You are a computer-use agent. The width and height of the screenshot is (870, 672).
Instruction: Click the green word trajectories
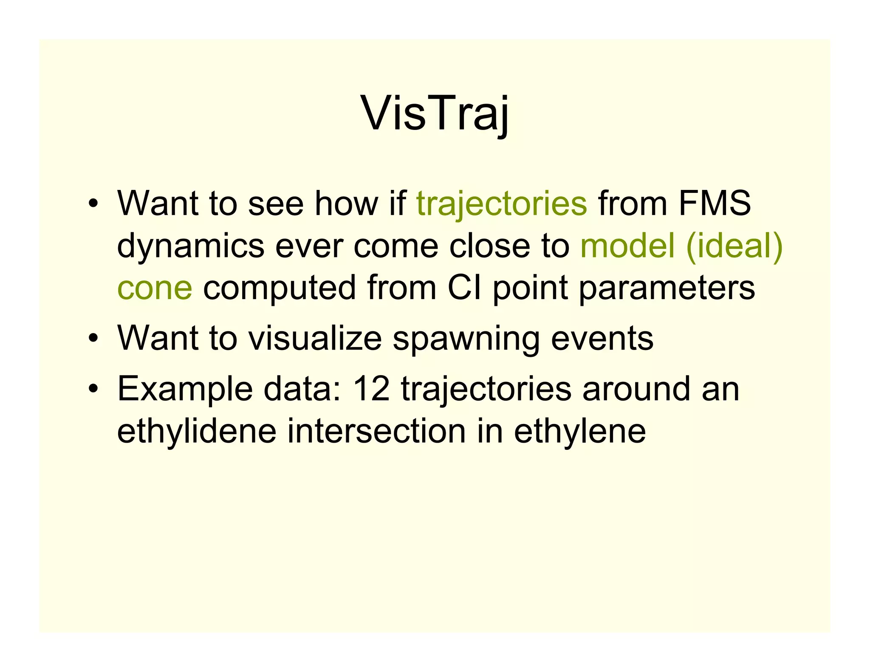pos(502,204)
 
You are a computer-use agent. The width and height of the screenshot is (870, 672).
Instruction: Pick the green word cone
pos(155,288)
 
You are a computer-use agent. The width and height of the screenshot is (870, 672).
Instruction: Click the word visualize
pos(315,338)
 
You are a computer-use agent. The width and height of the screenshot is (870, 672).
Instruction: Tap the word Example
pos(185,390)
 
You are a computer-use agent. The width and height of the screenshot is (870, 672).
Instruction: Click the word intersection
pos(376,431)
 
